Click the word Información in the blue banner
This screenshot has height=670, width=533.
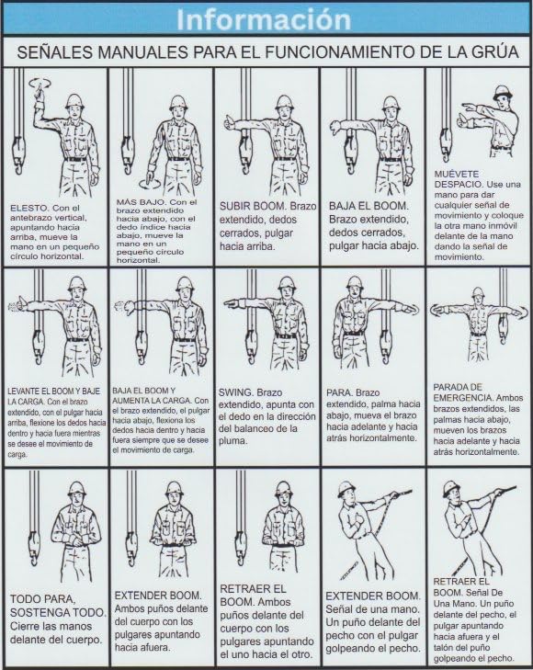266,18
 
